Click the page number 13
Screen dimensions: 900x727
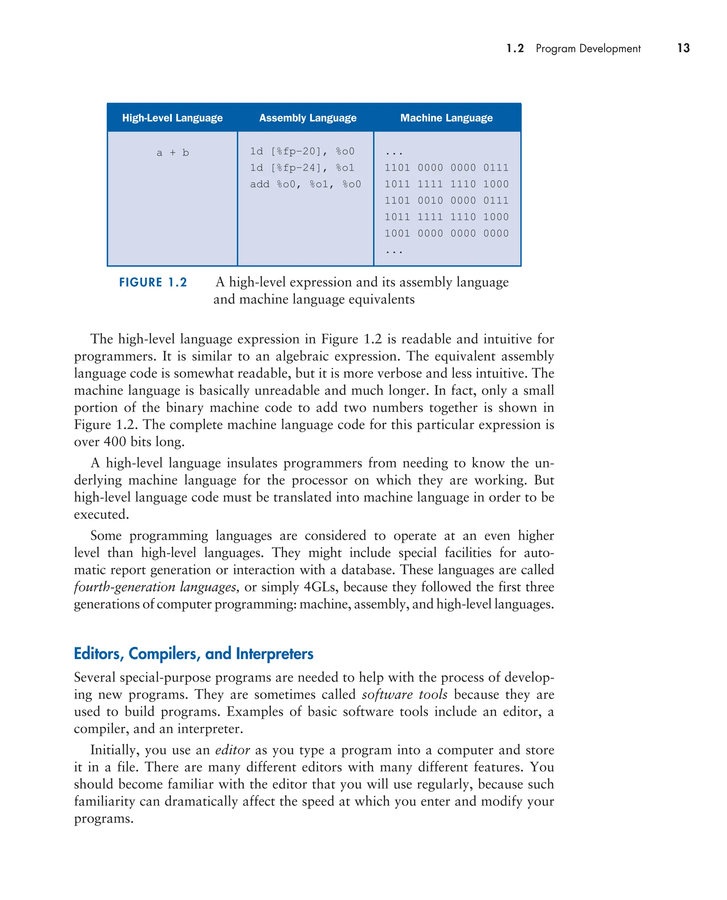coord(683,48)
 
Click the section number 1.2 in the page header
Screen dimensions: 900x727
coord(515,49)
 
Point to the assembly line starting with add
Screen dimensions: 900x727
coord(305,184)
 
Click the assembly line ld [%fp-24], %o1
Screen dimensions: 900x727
coord(302,168)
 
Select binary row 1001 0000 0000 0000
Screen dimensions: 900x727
coord(447,233)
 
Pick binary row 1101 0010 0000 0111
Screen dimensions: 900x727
coord(447,201)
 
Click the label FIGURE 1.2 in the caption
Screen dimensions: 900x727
coord(153,282)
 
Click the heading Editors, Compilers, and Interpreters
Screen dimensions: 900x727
coord(193,653)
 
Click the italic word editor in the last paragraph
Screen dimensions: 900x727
coord(233,750)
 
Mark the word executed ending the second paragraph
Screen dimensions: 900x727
coord(101,514)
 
